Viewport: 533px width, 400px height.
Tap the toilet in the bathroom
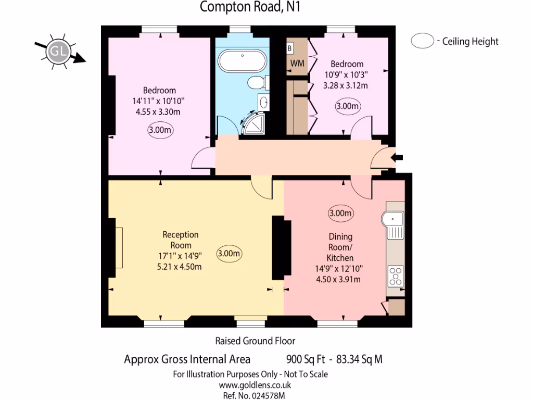(257, 83)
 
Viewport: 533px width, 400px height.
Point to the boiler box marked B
(290, 48)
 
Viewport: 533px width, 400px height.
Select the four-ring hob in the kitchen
(396, 275)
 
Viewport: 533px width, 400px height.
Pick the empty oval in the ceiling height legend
(422, 41)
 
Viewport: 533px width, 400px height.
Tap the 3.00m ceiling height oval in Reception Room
(230, 254)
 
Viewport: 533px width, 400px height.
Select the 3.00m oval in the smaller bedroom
(347, 107)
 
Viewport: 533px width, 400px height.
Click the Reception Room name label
(181, 240)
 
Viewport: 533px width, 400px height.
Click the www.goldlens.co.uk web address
(255, 385)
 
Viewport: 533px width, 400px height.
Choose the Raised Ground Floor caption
(255, 341)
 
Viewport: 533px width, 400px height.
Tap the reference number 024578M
(268, 396)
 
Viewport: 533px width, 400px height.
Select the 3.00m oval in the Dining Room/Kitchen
(340, 213)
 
